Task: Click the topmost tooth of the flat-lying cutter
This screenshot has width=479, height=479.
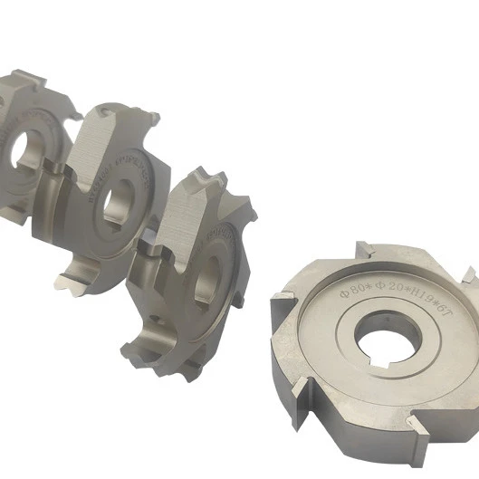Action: point(362,250)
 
